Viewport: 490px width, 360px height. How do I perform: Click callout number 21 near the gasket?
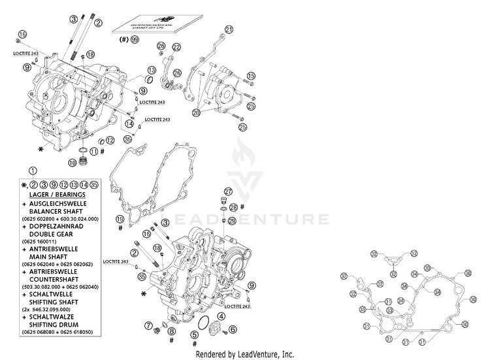[229, 29]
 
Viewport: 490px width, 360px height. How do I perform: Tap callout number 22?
[176, 48]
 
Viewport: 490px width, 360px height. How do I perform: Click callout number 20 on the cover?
[196, 113]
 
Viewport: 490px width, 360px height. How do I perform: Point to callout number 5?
[194, 335]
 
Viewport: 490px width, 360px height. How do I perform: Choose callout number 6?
[233, 328]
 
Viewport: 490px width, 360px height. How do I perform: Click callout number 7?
[148, 325]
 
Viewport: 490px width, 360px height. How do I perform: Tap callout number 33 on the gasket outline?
[363, 309]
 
